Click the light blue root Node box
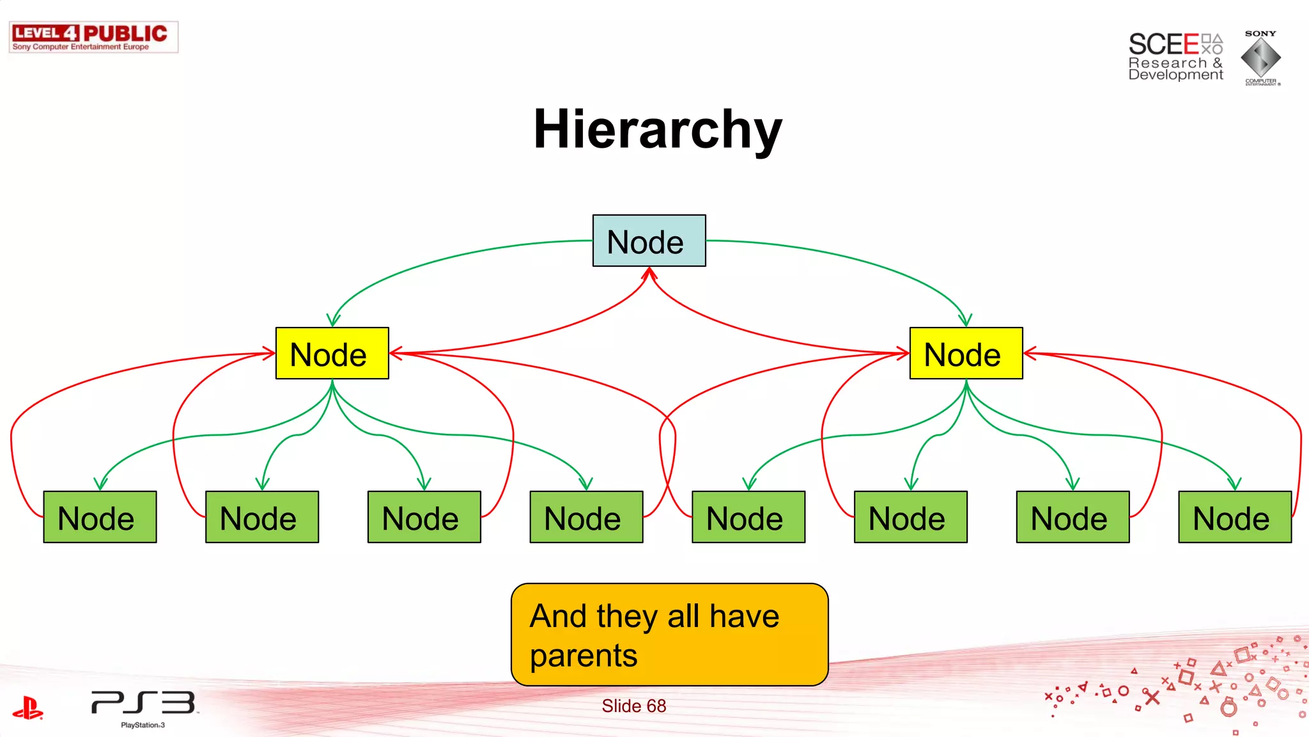pos(649,241)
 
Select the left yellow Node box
pos(332,353)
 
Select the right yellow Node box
pos(966,353)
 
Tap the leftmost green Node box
pos(100,517)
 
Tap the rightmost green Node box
pos(1234,517)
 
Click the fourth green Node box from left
pos(586,517)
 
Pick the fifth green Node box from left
pos(748,517)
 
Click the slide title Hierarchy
pos(658,129)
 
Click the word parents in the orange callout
pos(584,656)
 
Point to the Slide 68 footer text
pos(633,706)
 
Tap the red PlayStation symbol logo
pos(27,708)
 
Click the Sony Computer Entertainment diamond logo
pos(1260,58)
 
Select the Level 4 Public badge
pos(93,37)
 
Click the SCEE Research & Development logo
pos(1175,56)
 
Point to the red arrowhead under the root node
pos(649,274)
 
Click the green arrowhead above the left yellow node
pos(333,320)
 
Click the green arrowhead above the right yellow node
pos(965,320)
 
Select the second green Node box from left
pos(262,517)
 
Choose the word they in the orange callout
pos(627,617)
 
